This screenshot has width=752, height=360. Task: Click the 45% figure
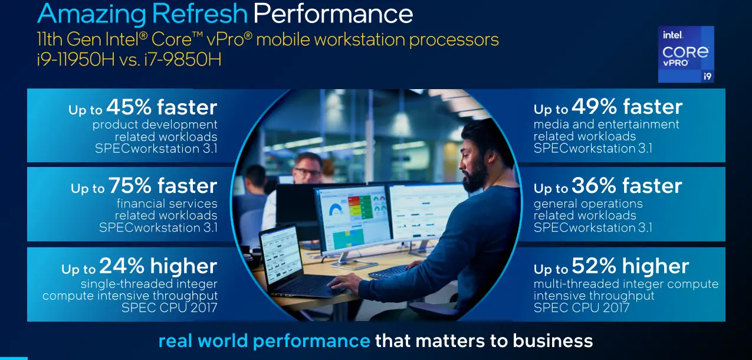129,107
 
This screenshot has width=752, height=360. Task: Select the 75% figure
130,185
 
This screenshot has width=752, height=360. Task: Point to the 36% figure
594,185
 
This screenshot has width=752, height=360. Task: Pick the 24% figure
122,266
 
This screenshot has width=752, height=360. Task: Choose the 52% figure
594,266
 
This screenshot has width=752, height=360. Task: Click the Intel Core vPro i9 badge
686,54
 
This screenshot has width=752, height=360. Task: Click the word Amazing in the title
91,14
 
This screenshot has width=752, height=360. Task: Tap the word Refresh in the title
200,14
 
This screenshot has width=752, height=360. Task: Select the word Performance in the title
333,14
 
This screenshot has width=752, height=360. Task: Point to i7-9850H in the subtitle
183,60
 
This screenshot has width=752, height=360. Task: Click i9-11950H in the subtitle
76,60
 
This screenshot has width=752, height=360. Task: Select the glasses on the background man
308,172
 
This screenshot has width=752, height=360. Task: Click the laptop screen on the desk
281,251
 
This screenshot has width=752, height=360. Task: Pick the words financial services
167,204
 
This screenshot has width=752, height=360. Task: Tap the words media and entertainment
606,125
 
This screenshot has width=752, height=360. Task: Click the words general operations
588,204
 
